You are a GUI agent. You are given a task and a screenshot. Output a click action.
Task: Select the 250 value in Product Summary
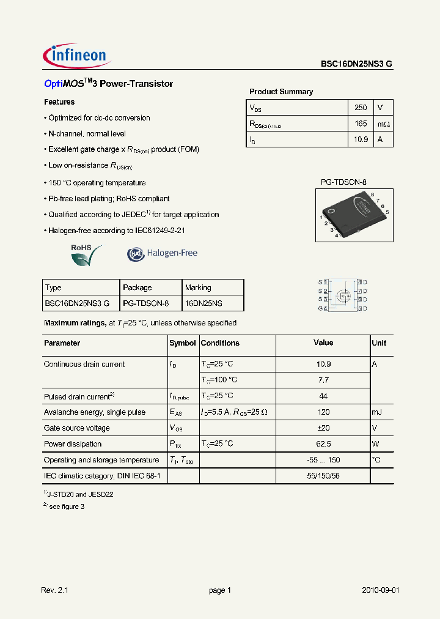pos(361,108)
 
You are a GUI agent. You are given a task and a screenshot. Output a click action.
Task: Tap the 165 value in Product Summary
pos(361,124)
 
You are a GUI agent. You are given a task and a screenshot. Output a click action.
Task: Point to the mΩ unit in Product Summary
pos(383,124)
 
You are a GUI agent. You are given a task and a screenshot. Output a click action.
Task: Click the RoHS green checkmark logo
pos(84,254)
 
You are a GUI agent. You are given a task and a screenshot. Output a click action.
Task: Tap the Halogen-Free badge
pos(163,253)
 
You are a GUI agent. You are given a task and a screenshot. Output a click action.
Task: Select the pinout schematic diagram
pos(342,295)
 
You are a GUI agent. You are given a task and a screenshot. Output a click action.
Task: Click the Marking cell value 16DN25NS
pos(204,303)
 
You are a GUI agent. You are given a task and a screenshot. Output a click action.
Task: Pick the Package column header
pos(137,287)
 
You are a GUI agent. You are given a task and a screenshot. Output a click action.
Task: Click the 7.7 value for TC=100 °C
pos(323,380)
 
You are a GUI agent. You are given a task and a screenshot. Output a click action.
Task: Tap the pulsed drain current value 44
pos(323,396)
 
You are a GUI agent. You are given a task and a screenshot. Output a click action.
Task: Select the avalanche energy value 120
pos(323,412)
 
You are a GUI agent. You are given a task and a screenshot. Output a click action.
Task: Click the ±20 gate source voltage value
pos(323,428)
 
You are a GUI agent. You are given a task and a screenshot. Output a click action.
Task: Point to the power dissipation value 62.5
pos(323,444)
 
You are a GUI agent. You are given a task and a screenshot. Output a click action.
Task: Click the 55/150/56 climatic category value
pos(323,475)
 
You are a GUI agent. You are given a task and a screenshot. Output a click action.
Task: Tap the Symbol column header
pos(182,343)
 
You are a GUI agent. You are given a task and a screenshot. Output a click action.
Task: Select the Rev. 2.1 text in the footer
pos(54,590)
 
